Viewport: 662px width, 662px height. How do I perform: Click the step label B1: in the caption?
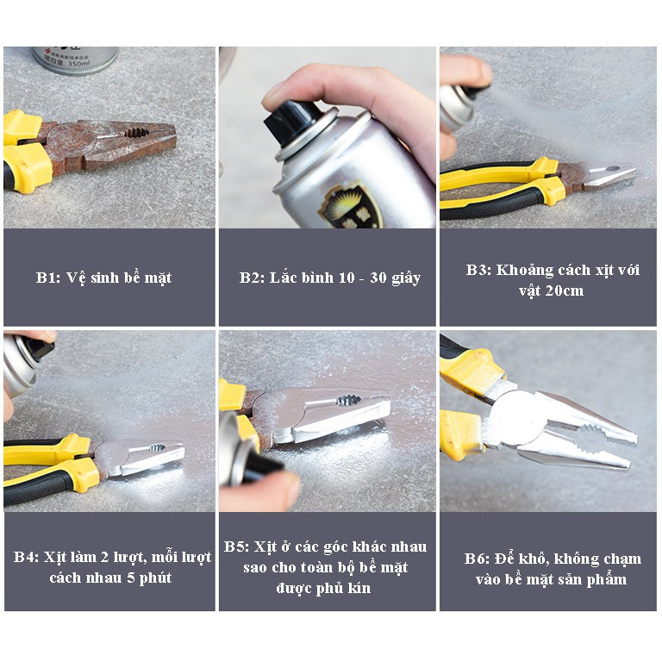pos(48,278)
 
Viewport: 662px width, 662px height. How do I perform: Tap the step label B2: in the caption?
pos(252,278)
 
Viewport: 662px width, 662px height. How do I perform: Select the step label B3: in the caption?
pos(479,270)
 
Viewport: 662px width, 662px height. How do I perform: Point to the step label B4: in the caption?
pos(26,557)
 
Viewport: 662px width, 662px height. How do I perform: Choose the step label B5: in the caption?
pos(237,546)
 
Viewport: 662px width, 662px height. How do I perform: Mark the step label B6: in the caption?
pos(478,559)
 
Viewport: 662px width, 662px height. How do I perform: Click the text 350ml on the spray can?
pos(79,63)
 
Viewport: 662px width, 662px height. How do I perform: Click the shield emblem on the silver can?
pos(352,206)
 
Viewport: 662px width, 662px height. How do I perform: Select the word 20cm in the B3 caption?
pos(564,290)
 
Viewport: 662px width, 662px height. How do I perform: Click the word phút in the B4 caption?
pos(155,578)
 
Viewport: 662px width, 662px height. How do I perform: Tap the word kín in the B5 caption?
pos(359,588)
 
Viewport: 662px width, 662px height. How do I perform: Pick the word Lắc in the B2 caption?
pos(283,278)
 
